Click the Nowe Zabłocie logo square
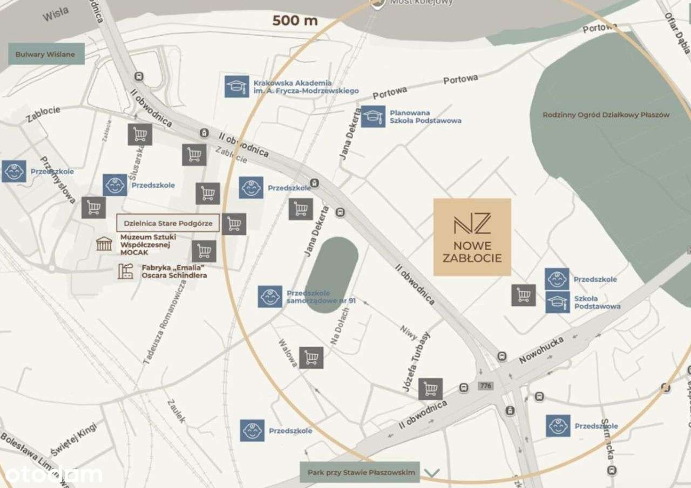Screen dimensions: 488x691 [x=472, y=237]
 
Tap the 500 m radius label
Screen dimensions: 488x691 [x=295, y=21]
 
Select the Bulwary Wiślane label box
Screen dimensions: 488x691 [x=45, y=54]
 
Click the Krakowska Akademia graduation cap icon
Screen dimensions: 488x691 [x=236, y=86]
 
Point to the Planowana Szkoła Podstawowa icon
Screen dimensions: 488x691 [x=373, y=116]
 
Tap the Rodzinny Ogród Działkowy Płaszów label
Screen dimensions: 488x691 [x=606, y=115]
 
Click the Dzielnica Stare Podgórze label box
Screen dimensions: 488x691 [x=168, y=223]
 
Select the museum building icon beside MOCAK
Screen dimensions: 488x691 [x=104, y=244]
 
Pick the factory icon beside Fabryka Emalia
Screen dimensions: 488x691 [x=126, y=271]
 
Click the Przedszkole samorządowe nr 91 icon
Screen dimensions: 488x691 [x=270, y=297]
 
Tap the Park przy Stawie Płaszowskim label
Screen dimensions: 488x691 [x=362, y=472]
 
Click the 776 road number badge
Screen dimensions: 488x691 [x=486, y=386]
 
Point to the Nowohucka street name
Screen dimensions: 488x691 [x=541, y=349]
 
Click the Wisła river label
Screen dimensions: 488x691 [x=56, y=15]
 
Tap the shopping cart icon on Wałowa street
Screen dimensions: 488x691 [x=311, y=358]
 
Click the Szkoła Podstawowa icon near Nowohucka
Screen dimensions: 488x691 [x=557, y=302]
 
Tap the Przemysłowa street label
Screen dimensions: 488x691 [x=63, y=182]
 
